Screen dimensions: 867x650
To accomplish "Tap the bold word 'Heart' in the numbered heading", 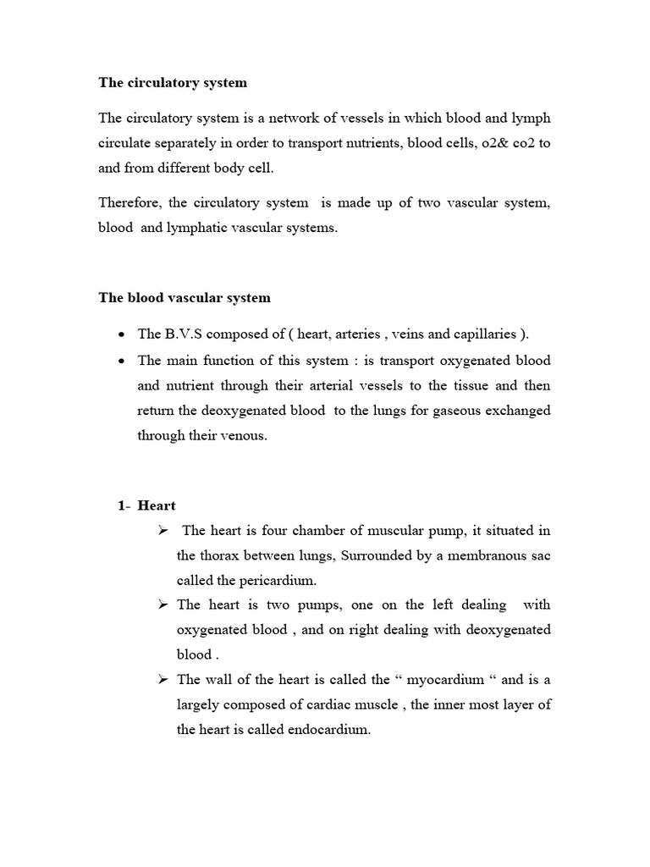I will point(157,505).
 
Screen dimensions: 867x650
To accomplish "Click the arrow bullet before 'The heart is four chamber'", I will point(162,531).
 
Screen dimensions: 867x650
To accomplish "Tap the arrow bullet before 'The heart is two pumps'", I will point(162,605).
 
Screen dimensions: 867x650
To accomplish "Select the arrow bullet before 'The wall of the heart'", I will point(162,680).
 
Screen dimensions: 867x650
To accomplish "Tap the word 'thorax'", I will point(219,556).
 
